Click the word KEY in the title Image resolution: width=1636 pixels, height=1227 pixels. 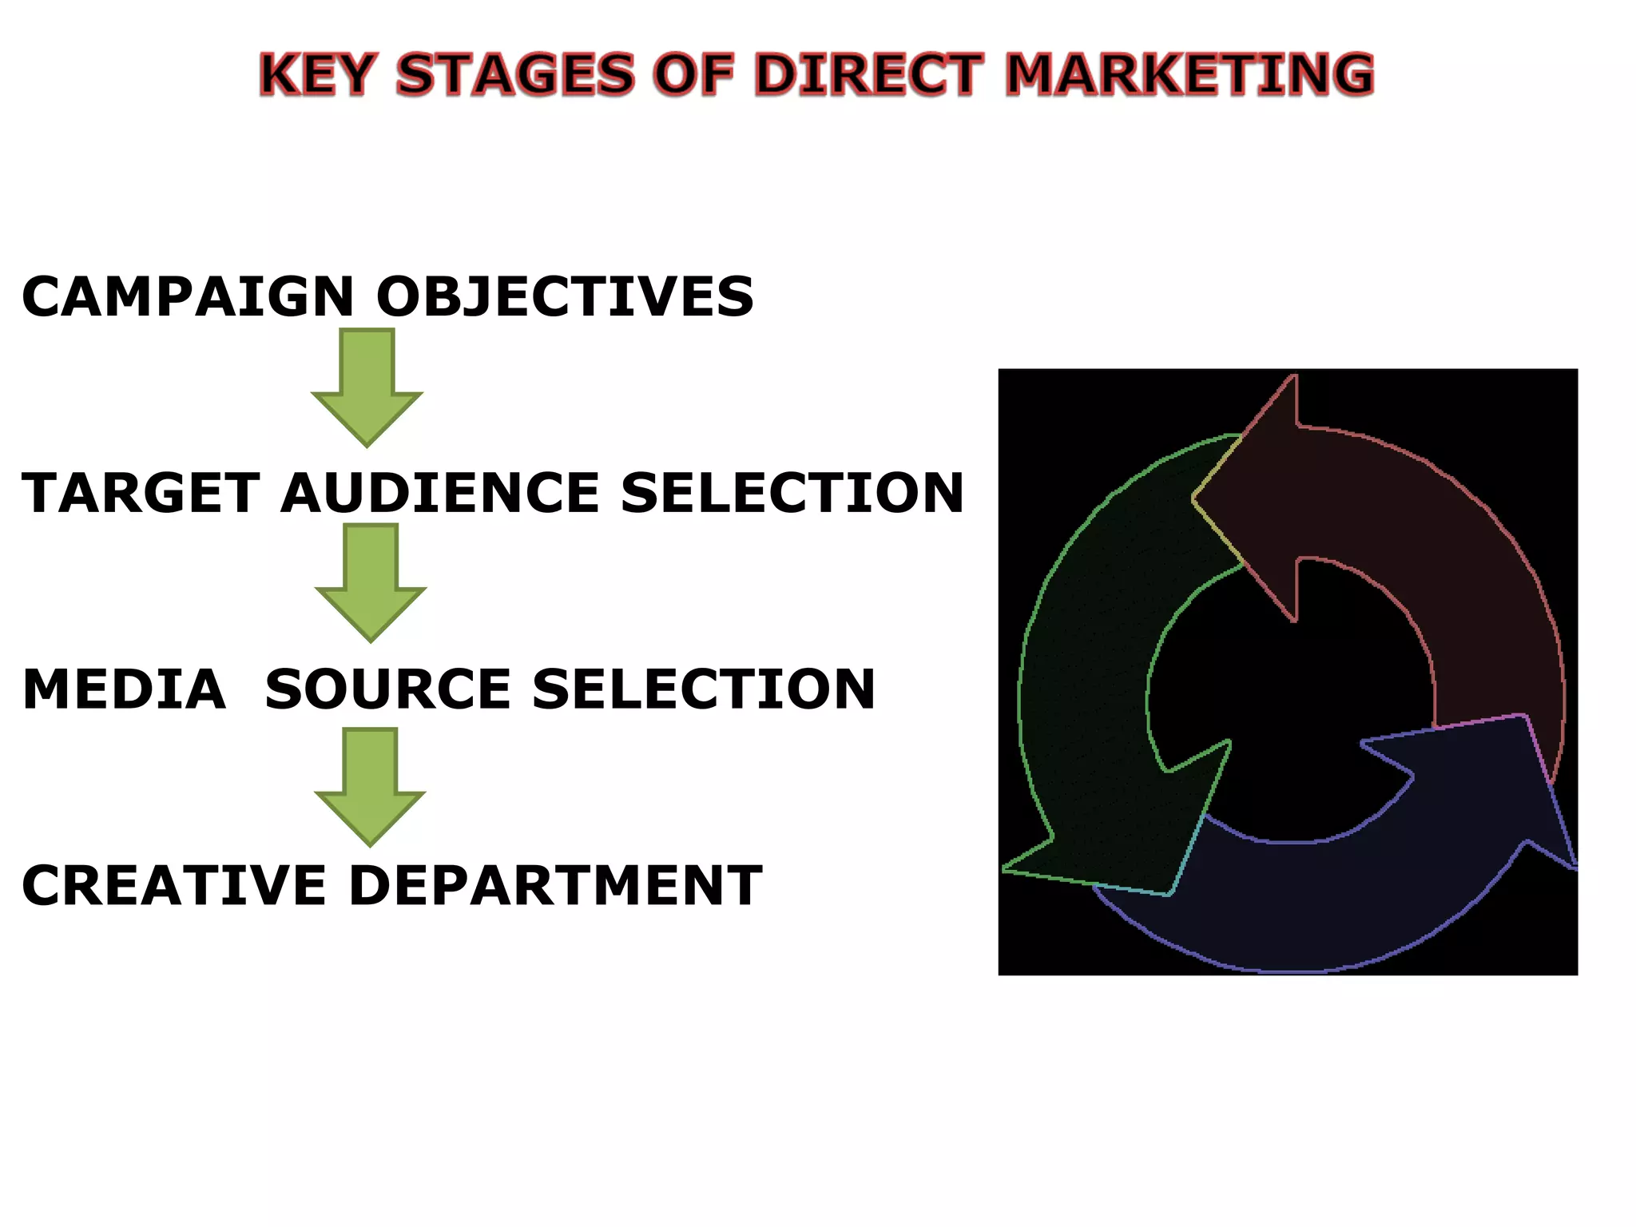click(x=316, y=74)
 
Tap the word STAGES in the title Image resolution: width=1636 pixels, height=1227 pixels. click(x=514, y=74)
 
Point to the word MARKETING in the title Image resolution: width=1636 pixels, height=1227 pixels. click(x=1189, y=74)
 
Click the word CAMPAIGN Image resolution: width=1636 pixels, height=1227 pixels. click(x=188, y=297)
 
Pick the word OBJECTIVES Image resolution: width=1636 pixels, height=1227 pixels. click(x=565, y=297)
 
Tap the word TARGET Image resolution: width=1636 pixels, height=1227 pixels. click(x=141, y=493)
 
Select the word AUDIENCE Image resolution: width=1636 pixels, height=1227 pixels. click(x=440, y=493)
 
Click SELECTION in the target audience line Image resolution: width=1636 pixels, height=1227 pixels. click(x=792, y=493)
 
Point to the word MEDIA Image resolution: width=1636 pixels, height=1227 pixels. click(x=125, y=689)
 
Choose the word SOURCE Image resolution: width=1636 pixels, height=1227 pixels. click(x=388, y=689)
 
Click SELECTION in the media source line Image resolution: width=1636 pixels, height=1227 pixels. click(x=704, y=689)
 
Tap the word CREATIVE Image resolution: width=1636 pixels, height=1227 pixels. click(x=174, y=886)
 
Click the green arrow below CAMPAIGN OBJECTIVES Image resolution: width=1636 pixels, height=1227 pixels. click(x=367, y=387)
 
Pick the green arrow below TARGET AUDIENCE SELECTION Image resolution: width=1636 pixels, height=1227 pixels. click(x=371, y=582)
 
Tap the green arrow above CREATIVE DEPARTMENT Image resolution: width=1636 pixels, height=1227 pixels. click(x=370, y=786)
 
